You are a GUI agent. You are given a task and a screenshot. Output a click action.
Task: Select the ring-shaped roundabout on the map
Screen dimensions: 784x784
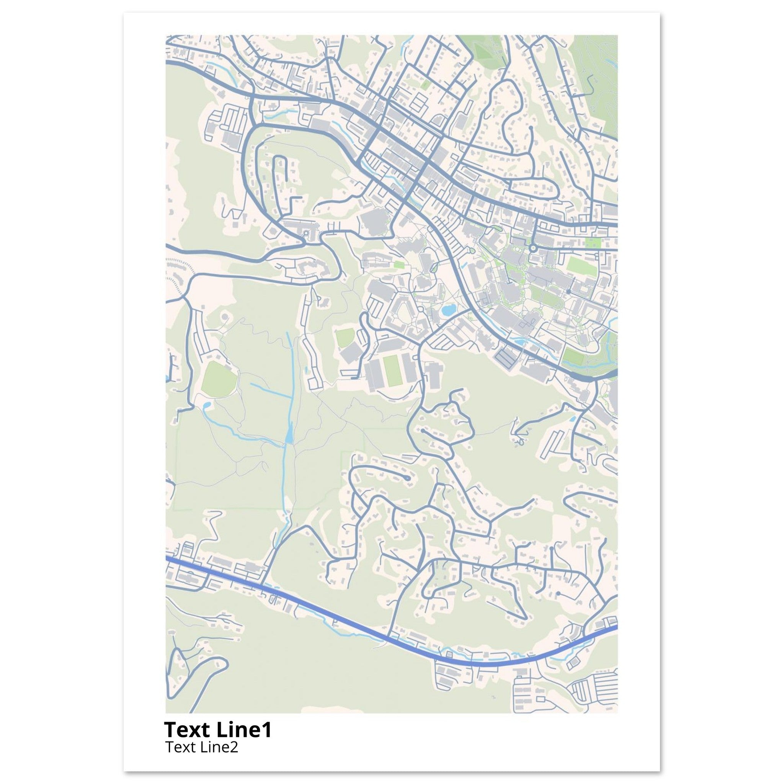tap(533, 248)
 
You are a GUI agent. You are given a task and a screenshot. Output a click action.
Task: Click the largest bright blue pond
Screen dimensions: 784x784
tap(448, 311)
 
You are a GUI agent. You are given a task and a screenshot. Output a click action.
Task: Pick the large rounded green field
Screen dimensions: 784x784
tap(219, 380)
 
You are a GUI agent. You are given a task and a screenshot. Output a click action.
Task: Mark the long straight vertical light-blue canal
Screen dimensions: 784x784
tap(290, 365)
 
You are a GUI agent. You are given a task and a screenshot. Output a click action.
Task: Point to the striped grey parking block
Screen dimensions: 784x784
tap(506, 357)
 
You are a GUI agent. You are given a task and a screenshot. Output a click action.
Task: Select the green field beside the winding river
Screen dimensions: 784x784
tap(573, 357)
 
